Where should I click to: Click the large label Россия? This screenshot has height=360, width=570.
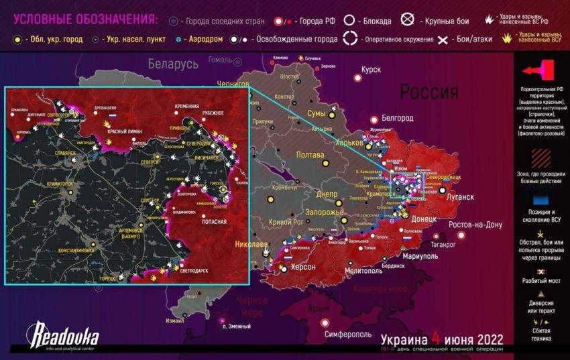pyautogui.click(x=429, y=92)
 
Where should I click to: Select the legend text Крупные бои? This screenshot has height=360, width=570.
pyautogui.click(x=437, y=21)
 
